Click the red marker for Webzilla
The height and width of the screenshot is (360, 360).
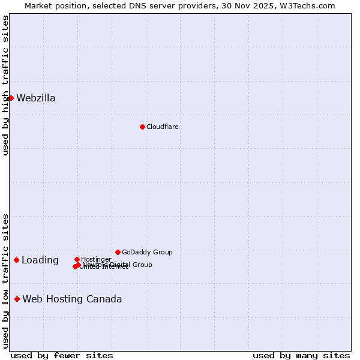[x=11, y=98]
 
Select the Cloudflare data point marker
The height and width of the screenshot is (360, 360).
[x=142, y=127]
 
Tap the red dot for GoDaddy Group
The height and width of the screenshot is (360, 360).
[x=118, y=252]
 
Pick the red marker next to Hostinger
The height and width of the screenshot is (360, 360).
[x=77, y=259]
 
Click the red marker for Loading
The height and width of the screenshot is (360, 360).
[x=16, y=260]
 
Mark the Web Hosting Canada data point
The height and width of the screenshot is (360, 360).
[x=17, y=299]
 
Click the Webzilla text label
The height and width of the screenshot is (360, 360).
[x=36, y=98]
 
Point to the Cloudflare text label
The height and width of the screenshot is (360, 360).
[x=163, y=127]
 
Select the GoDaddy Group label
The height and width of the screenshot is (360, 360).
[x=147, y=253]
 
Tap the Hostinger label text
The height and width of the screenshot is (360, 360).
[x=96, y=260]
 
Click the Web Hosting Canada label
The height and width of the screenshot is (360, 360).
[x=72, y=299]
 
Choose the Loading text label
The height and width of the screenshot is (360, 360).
[x=40, y=260]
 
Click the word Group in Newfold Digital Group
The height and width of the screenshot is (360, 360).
[x=142, y=265]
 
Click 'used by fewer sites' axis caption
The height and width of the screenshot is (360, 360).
[x=62, y=355]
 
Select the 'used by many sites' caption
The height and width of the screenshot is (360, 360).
[x=301, y=355]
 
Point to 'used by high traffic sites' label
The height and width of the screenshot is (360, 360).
[x=6, y=85]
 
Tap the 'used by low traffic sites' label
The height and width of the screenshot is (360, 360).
[x=6, y=281]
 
